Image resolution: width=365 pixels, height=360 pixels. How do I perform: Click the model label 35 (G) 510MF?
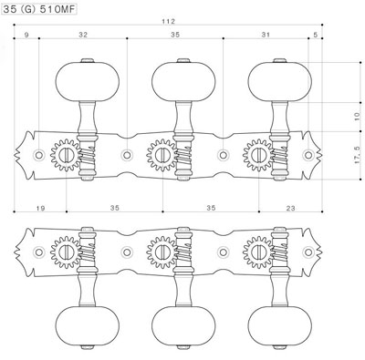pyautogui.click(x=38, y=9)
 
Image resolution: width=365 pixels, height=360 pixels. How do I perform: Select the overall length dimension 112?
pyautogui.click(x=169, y=21)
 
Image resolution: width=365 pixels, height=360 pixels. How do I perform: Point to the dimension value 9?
pyautogui.click(x=26, y=35)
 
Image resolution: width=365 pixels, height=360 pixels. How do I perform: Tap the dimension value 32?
pyautogui.click(x=83, y=35)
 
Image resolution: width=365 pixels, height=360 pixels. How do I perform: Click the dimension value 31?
pyautogui.click(x=266, y=35)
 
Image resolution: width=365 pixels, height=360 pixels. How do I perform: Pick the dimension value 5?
pyautogui.click(x=316, y=35)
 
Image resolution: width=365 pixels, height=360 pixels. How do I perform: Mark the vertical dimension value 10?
pyautogui.click(x=357, y=117)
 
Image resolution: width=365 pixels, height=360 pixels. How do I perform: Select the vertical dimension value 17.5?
pyautogui.click(x=357, y=155)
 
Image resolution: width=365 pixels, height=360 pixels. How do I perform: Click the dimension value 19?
pyautogui.click(x=40, y=208)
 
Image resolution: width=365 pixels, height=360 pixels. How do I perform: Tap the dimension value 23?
pyautogui.click(x=290, y=208)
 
